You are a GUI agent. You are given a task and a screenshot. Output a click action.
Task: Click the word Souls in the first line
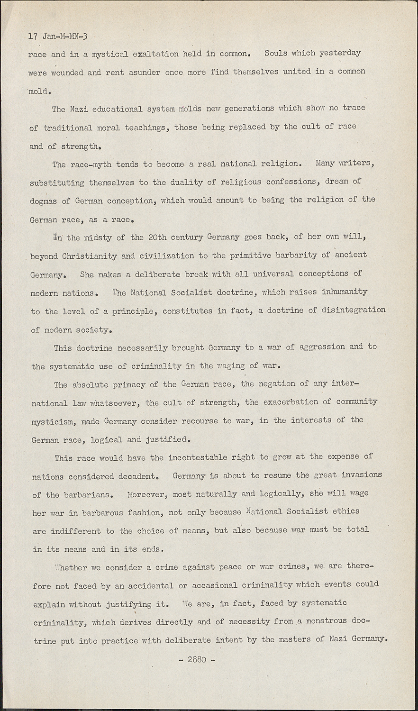tap(278, 53)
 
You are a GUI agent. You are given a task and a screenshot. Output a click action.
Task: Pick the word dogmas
tap(43, 201)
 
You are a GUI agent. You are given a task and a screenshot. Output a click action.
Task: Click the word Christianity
tap(90, 256)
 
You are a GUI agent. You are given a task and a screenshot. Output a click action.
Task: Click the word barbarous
tap(103, 512)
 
